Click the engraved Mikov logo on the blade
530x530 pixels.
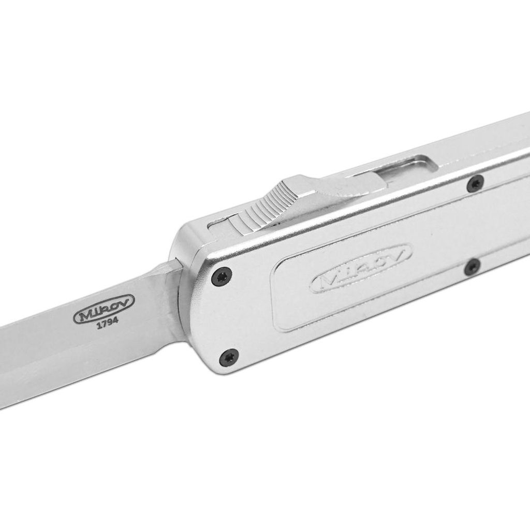point(104,309)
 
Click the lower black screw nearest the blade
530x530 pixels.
point(228,357)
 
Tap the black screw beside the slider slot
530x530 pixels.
point(475,184)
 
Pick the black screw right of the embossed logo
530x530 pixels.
point(472,267)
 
